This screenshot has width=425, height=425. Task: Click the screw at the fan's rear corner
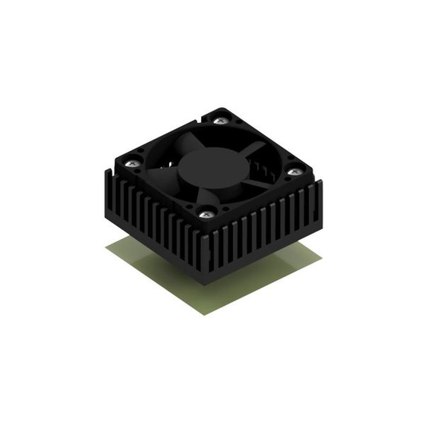pos(221,120)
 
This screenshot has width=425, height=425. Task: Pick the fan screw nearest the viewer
pos(203,215)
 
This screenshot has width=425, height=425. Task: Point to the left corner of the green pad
pos(105,246)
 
